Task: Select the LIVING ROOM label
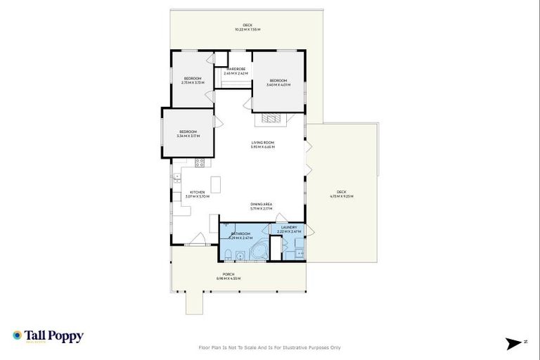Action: (x=263, y=143)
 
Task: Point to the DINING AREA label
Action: (x=262, y=205)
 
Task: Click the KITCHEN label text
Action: (x=197, y=192)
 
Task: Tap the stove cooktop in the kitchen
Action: (x=200, y=162)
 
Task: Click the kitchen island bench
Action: (x=215, y=184)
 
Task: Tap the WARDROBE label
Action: (x=235, y=69)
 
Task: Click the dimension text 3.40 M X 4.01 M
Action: (x=278, y=85)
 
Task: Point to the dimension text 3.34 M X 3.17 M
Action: (x=189, y=136)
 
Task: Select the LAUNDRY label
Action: (x=289, y=227)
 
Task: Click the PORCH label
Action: (x=229, y=274)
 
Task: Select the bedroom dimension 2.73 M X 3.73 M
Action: (x=193, y=82)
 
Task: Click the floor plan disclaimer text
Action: (x=270, y=347)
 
